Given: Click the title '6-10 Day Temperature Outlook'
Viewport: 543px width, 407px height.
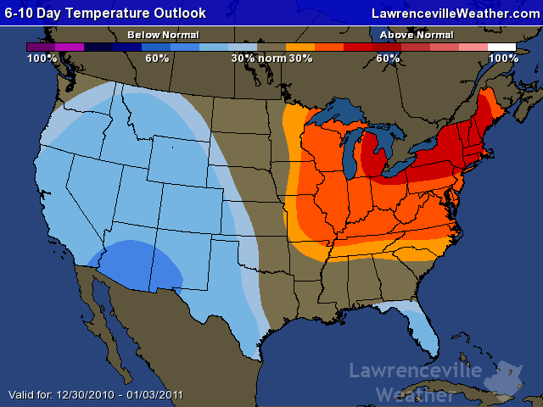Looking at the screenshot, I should coord(105,13).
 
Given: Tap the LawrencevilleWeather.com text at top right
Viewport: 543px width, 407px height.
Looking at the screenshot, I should coord(456,13).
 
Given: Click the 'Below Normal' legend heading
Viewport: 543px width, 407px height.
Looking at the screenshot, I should coord(163,35).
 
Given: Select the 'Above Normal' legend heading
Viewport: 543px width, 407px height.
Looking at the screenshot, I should coord(416,35).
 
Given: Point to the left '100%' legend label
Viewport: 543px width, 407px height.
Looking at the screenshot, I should coord(42,59).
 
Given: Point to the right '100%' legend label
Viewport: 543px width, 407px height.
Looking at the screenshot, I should coord(503,59).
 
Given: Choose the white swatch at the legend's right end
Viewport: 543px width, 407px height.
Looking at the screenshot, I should coord(502,47).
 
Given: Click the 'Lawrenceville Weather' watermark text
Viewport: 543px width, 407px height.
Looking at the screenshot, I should coord(416,382).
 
